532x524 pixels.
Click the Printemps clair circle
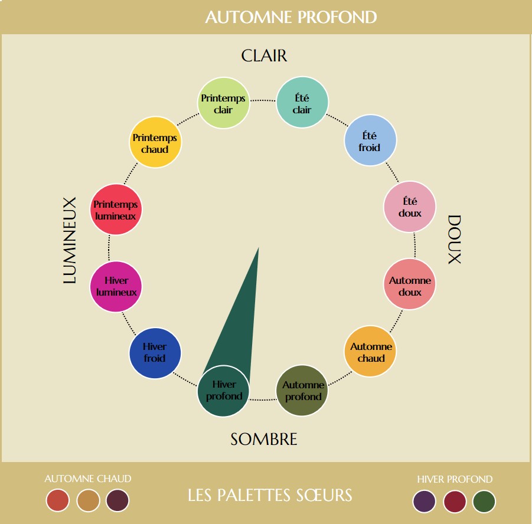tap(223, 103)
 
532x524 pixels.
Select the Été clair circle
tap(302, 103)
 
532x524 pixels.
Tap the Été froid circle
tap(370, 140)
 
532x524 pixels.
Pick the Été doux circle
tap(410, 207)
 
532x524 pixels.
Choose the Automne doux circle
tap(410, 284)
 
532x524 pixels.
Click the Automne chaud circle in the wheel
tap(370, 351)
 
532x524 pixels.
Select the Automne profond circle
tap(302, 391)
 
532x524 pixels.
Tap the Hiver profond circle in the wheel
tap(223, 391)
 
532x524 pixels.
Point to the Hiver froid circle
tap(155, 353)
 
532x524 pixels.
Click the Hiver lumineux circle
tap(116, 287)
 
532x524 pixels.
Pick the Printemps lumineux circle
tap(116, 209)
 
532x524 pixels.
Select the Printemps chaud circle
tap(155, 142)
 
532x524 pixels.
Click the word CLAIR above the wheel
tap(264, 56)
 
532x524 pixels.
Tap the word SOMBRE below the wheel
tap(264, 439)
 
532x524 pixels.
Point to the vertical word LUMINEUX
tap(70, 240)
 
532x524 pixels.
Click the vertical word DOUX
tap(454, 240)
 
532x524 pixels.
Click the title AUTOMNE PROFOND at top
tap(291, 17)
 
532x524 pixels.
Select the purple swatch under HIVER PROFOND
tap(424, 501)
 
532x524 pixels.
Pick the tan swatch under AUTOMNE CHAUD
tap(88, 500)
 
